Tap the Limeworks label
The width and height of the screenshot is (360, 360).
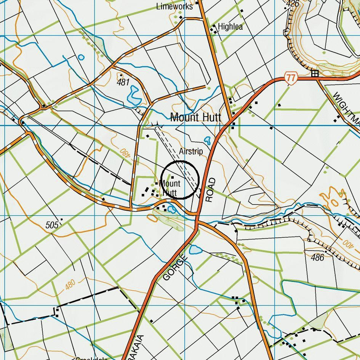coord(174,6)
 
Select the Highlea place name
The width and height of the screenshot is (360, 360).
coord(230,27)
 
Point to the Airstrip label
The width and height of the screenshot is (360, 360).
coord(191,152)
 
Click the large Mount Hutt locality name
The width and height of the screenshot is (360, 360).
coord(195,117)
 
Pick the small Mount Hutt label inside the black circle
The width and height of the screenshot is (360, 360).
coord(170,188)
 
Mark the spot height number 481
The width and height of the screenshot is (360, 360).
coord(123,82)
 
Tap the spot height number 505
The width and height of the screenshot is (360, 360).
coord(52,225)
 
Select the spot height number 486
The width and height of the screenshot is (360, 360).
coord(317,258)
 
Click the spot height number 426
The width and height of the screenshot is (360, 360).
coord(293,4)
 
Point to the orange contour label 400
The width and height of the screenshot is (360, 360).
coord(348,243)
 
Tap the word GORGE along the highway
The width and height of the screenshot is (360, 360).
coord(176,268)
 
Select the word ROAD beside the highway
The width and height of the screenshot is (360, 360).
coord(211,190)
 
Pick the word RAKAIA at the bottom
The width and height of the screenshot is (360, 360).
coord(141,347)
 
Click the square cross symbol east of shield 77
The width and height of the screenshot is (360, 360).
coord(315,74)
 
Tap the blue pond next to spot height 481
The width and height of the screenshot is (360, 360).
coord(134,96)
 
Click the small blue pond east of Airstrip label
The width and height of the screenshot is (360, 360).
coord(208,140)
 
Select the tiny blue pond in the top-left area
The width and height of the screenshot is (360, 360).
coord(81,58)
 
